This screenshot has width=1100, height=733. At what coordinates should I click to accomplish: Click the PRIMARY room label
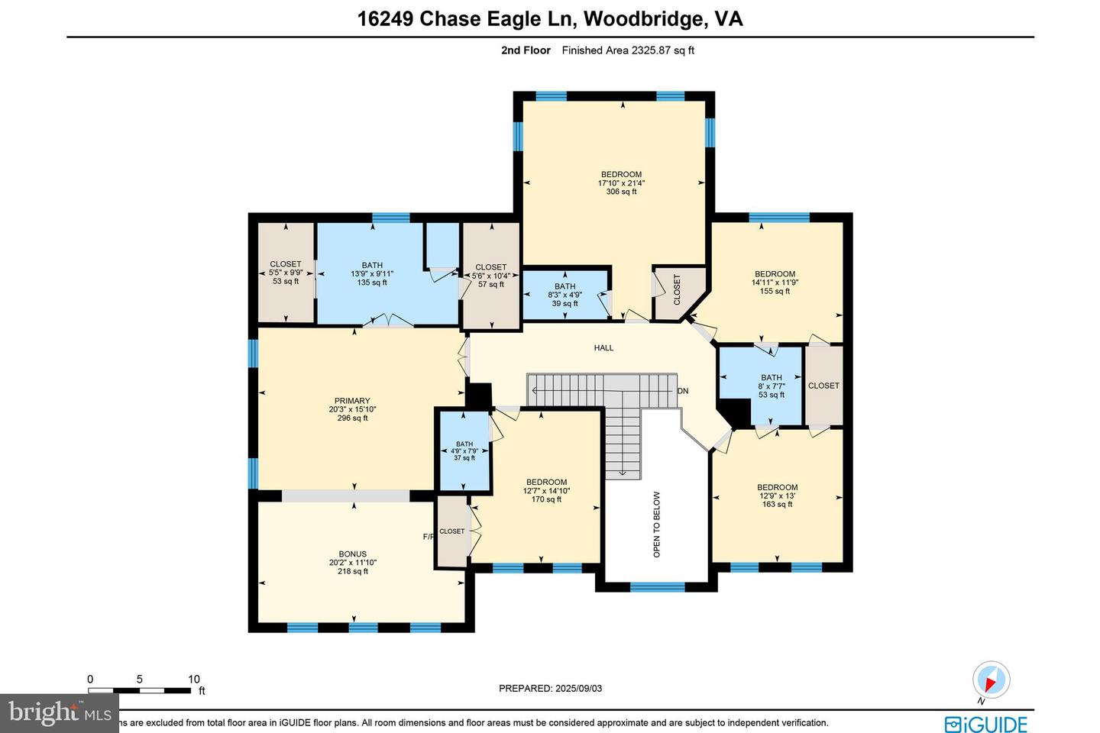coord(352,409)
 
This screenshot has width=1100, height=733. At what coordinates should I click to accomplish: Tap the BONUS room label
coord(352,563)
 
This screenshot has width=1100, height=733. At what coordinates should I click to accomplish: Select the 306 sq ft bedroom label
coord(621,182)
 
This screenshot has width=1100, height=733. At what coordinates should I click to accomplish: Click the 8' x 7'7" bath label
coord(772,386)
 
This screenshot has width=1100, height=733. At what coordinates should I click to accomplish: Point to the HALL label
coord(603,348)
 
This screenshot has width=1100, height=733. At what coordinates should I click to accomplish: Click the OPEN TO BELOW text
coord(657,524)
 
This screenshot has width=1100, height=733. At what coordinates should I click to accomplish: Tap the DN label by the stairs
coord(683,391)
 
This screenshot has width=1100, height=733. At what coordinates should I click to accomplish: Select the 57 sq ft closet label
coord(490,276)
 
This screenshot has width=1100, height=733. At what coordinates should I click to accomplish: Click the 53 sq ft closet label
coord(286,273)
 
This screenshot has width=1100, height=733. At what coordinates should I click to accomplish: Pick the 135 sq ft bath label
coord(372,274)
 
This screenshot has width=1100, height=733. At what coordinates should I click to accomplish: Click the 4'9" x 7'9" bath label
coord(464,450)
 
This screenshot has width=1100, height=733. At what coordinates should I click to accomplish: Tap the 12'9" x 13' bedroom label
coord(777,496)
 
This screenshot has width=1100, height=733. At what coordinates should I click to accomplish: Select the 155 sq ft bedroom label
coord(775,283)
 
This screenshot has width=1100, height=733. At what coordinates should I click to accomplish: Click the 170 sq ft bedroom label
coord(546,491)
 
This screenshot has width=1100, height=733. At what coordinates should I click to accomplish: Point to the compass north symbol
coord(991,680)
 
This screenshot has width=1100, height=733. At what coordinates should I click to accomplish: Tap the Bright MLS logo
coord(59,713)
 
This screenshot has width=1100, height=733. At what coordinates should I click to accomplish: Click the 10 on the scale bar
coord(194,679)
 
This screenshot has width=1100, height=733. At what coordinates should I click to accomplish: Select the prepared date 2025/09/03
coord(550,688)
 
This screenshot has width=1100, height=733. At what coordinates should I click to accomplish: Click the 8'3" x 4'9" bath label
coord(565,295)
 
